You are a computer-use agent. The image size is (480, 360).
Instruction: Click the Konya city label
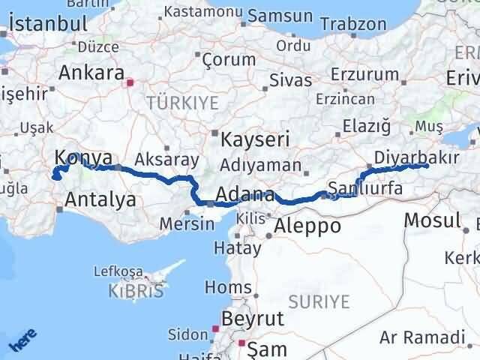click(83, 157)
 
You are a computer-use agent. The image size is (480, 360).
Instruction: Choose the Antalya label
click(100, 199)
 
